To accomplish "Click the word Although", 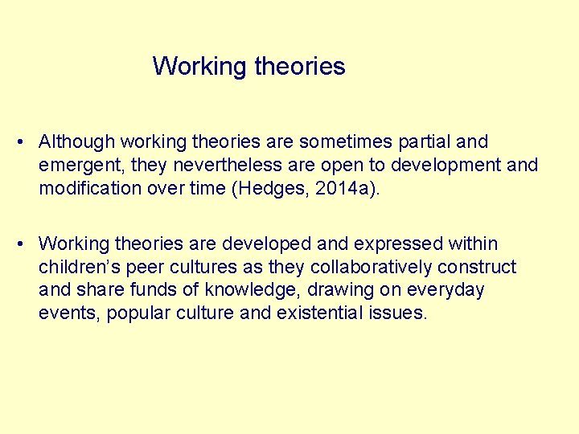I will pyautogui.click(x=77, y=142).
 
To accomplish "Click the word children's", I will pyautogui.click(x=79, y=267).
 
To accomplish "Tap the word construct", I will pyautogui.click(x=479, y=267).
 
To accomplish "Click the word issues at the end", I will pyautogui.click(x=400, y=313).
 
